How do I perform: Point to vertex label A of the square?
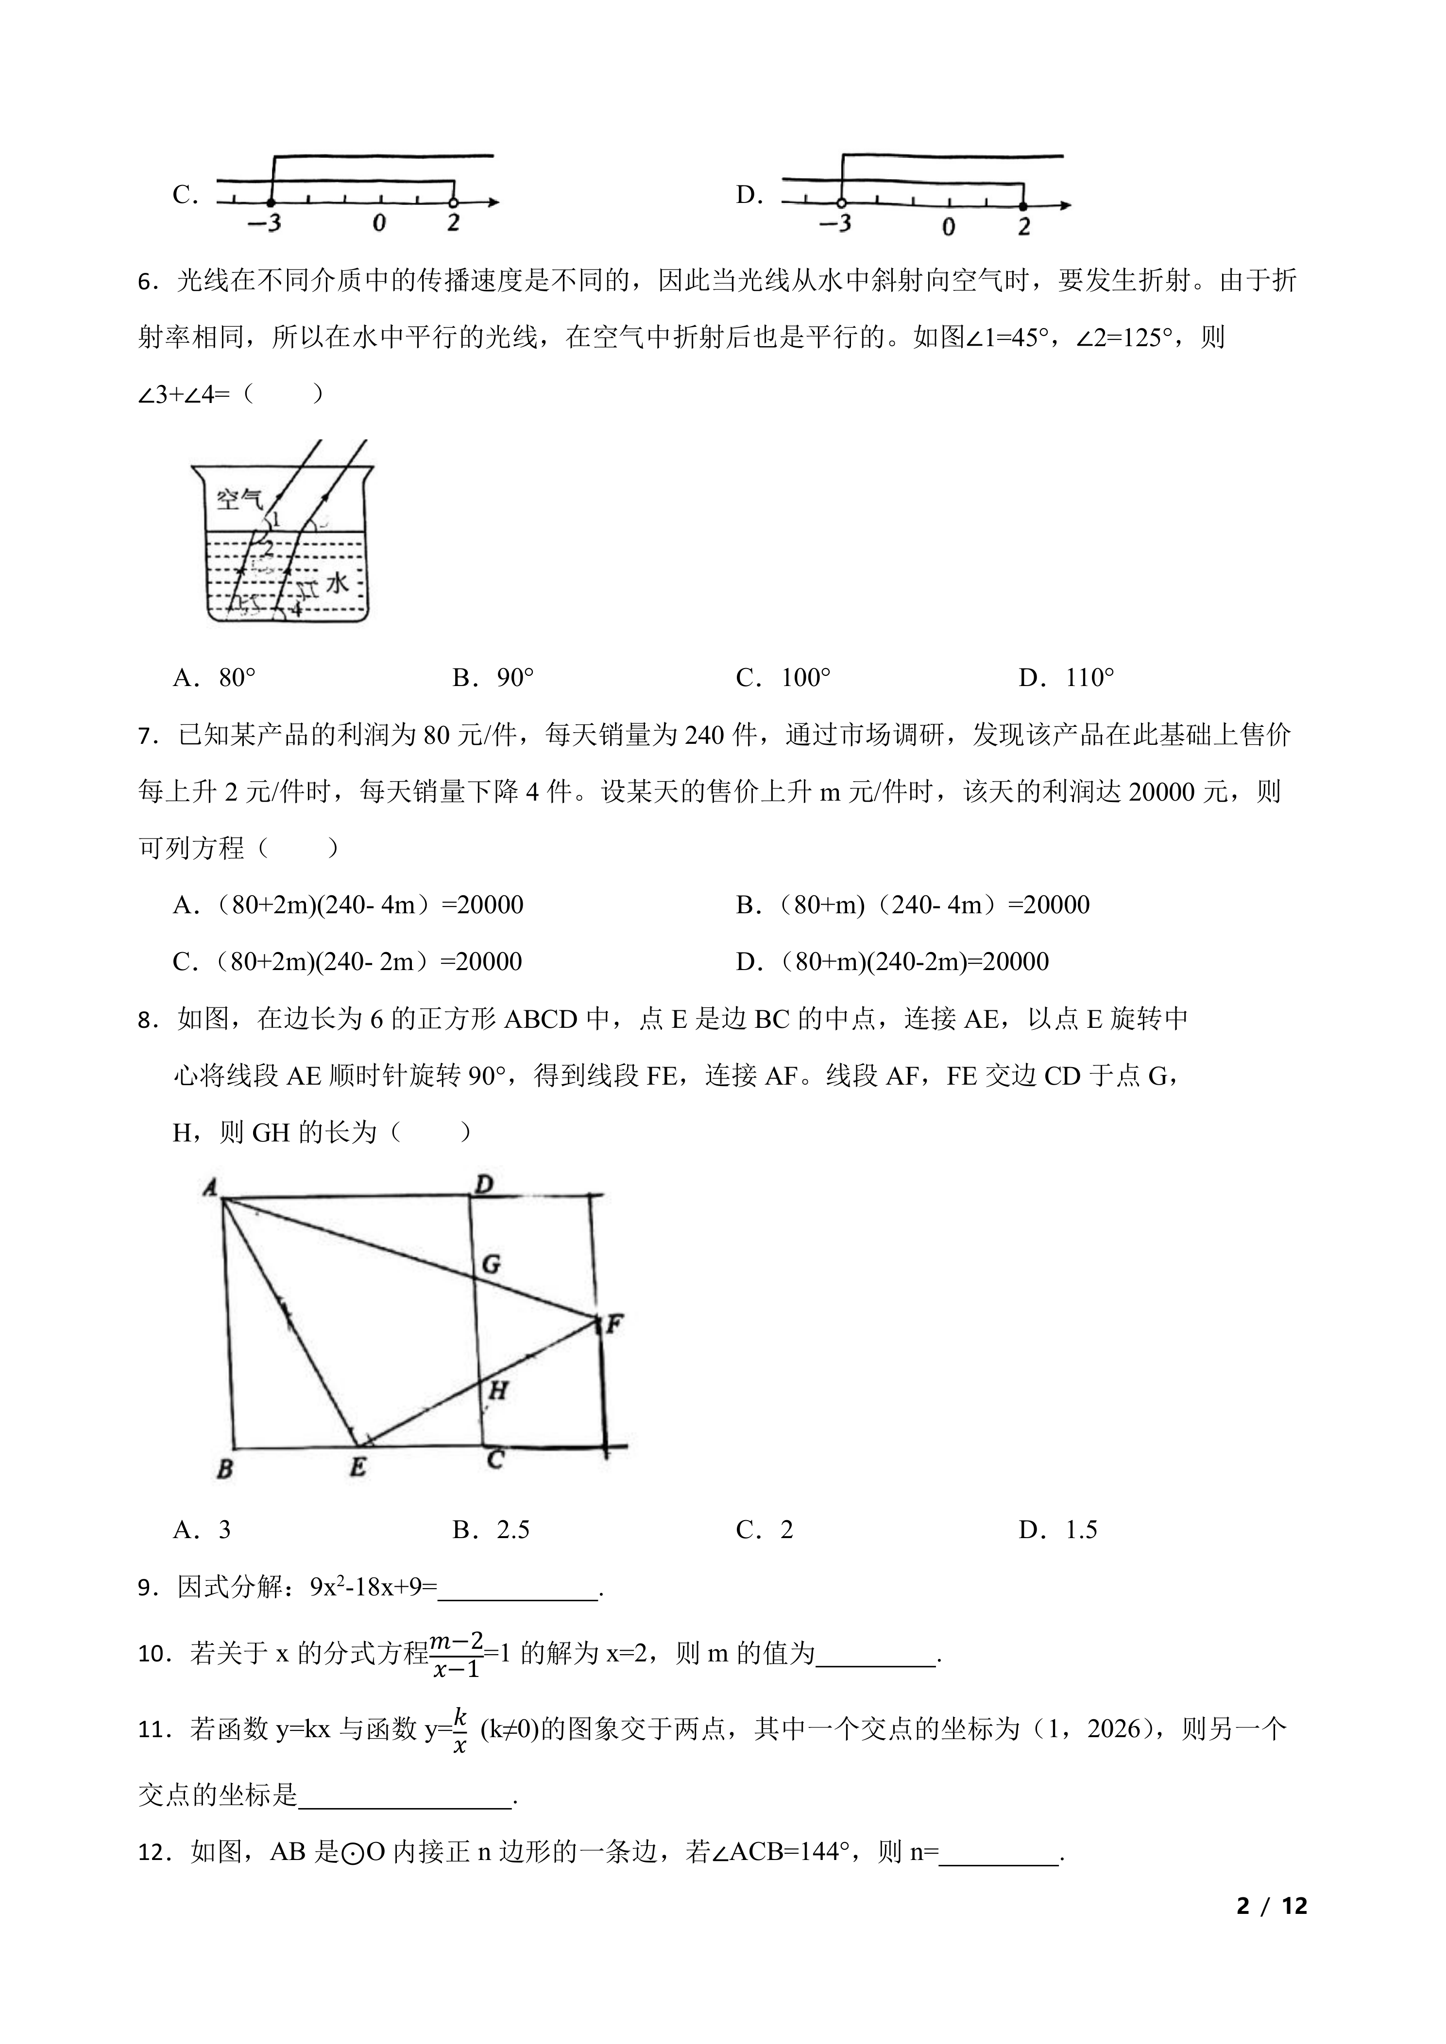(x=211, y=1187)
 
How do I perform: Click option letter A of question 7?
(x=184, y=905)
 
